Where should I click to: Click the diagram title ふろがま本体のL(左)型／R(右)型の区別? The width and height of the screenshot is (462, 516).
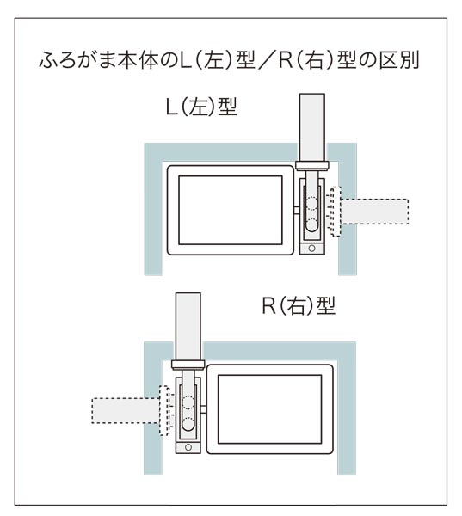pyautogui.click(x=229, y=60)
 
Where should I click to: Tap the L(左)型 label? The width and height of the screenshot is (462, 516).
pyautogui.click(x=201, y=107)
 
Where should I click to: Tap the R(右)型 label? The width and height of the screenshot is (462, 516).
pyautogui.click(x=299, y=306)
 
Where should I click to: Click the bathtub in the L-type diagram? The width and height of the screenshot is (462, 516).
pyautogui.click(x=231, y=211)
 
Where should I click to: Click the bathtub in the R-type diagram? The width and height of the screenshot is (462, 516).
pyautogui.click(x=269, y=409)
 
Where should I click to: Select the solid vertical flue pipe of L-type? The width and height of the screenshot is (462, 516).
pyautogui.click(x=312, y=127)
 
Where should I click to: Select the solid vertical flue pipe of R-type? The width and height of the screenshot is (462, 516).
pyautogui.click(x=188, y=327)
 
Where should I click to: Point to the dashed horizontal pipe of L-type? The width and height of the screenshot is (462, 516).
pyautogui.click(x=375, y=212)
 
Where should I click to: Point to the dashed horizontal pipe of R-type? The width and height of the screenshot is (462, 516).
pyautogui.click(x=126, y=410)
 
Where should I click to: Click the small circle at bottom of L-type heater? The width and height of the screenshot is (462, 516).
pyautogui.click(x=311, y=249)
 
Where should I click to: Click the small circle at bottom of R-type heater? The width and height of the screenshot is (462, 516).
pyautogui.click(x=188, y=447)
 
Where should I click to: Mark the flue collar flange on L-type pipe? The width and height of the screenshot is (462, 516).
pyautogui.click(x=312, y=165)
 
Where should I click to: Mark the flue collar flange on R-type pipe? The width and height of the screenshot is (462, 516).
pyautogui.click(x=188, y=365)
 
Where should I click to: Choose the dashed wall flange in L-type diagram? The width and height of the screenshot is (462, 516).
pyautogui.click(x=336, y=212)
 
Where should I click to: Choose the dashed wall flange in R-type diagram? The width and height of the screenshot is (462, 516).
pyautogui.click(x=163, y=410)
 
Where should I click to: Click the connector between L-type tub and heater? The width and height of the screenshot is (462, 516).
pyautogui.click(x=297, y=211)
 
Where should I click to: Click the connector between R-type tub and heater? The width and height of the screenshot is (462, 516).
pyautogui.click(x=204, y=409)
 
